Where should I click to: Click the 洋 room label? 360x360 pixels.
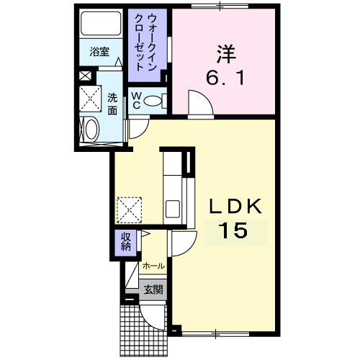coord(224,53)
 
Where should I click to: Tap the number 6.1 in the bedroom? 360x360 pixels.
coord(224,76)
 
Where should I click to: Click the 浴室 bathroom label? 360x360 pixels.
coord(99,53)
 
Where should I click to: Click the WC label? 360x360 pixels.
coord(135,101)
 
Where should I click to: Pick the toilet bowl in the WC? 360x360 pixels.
coord(153,102)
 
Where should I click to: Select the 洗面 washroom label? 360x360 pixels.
coord(112,104)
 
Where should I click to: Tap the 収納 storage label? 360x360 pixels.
coord(125,243)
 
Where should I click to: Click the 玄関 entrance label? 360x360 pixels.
coord(153,290)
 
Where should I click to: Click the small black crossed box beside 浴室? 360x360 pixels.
coord(86,75)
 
